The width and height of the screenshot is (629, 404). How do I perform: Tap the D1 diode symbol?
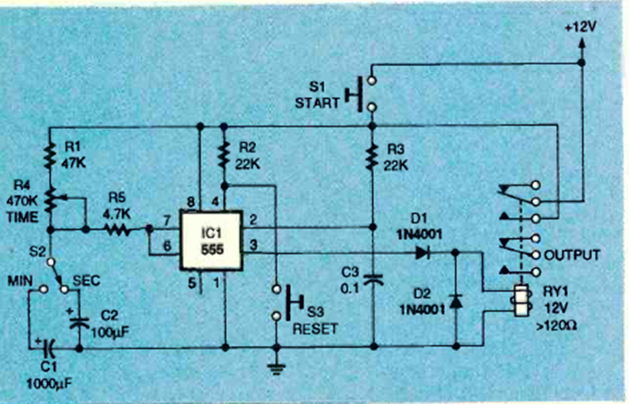pos(421,253)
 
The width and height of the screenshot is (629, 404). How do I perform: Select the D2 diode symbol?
pos(454,302)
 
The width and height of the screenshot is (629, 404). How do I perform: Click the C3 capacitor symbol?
pos(373,278)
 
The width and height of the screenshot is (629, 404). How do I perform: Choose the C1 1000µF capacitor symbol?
pos(50,348)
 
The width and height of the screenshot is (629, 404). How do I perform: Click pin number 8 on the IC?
pos(193,202)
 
